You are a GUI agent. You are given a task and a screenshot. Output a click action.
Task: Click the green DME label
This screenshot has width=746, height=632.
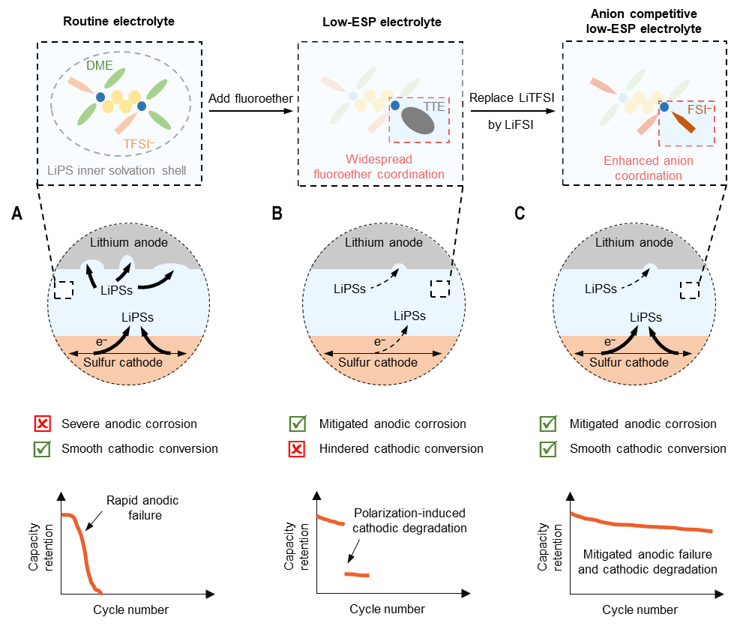(x=99, y=66)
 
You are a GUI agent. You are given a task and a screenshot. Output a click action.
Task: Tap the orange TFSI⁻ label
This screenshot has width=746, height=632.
(x=144, y=144)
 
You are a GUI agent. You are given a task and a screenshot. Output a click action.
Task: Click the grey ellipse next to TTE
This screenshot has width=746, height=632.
(x=418, y=120)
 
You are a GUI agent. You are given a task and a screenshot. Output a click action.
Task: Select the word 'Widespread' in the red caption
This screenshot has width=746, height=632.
(x=379, y=160)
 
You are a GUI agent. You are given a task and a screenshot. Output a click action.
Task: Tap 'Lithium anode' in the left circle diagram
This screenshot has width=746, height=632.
(x=128, y=242)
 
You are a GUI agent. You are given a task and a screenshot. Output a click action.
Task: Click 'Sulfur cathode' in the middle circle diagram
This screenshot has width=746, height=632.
(x=378, y=362)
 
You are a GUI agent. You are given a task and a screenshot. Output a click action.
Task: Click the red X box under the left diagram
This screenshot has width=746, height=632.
(x=43, y=424)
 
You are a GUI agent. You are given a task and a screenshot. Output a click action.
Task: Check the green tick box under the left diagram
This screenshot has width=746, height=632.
(x=43, y=450)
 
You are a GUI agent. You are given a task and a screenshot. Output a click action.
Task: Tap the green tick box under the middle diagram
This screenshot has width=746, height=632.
(x=298, y=424)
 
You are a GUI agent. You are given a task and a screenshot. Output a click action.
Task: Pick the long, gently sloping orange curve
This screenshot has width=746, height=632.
(x=641, y=525)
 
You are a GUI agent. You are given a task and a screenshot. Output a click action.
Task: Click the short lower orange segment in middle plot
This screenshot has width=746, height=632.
(x=356, y=574)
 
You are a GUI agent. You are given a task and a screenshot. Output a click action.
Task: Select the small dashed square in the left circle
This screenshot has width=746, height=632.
(x=64, y=289)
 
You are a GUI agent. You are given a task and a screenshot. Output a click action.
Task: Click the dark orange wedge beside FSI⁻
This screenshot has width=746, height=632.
(x=683, y=123)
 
